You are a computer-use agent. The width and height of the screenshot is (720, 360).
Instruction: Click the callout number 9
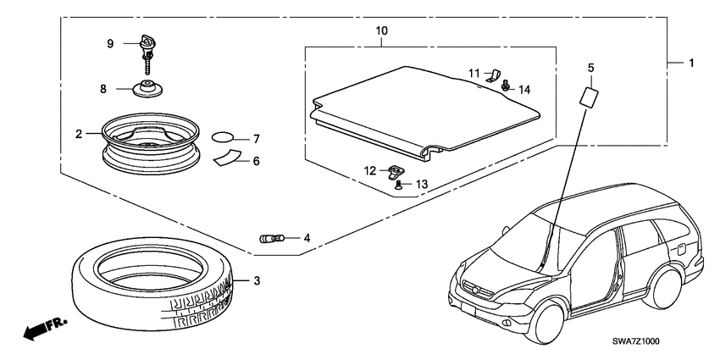pos(109,44)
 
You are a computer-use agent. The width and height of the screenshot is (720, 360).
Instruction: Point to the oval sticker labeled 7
pos(222,136)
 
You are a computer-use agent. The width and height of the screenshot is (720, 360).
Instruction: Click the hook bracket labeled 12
pos(395,172)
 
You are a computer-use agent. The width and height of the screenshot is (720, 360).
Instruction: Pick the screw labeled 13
pos(398,183)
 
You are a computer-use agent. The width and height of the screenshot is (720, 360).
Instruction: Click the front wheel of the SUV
pos(549,324)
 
